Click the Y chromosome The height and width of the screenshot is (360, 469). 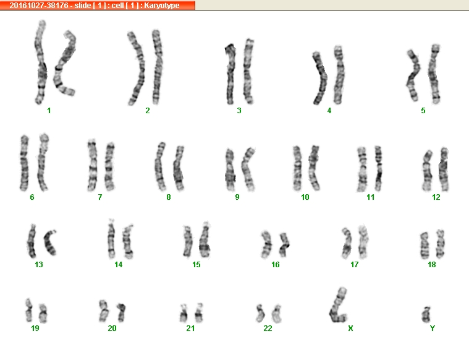[x=426, y=315]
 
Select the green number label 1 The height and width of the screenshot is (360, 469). [x=49, y=111]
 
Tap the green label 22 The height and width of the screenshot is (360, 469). [x=268, y=328]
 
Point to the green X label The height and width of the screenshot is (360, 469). [x=350, y=328]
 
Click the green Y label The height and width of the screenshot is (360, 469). [x=432, y=328]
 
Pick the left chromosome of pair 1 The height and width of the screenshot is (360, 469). [x=41, y=63]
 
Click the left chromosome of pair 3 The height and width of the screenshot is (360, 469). [x=230, y=75]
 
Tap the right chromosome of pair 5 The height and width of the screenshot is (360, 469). [x=433, y=74]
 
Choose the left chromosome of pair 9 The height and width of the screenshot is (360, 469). [x=230, y=170]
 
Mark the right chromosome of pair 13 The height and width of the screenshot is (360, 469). [x=49, y=242]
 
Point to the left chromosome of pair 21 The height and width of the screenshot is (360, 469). [x=184, y=313]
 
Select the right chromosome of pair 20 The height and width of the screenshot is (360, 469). [x=122, y=312]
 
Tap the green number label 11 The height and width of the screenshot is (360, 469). [x=371, y=197]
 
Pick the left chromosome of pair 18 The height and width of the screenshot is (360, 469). [x=425, y=246]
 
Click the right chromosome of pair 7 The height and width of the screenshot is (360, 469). [x=109, y=167]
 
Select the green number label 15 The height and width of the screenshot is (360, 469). [x=196, y=265]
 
